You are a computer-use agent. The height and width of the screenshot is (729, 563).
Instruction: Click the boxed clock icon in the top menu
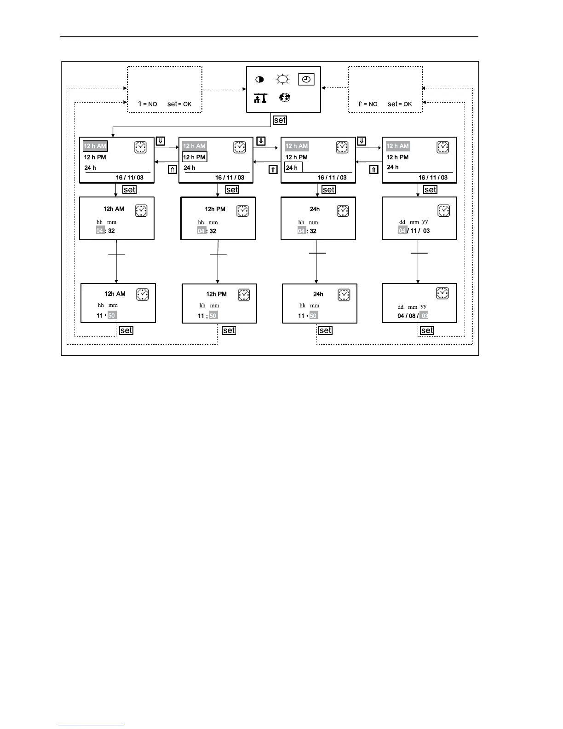tap(306, 79)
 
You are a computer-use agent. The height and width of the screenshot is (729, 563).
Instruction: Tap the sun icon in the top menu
tap(282, 79)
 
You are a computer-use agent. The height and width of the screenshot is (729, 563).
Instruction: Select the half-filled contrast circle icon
tap(259, 80)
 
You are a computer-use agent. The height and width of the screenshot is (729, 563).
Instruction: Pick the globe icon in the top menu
tap(284, 98)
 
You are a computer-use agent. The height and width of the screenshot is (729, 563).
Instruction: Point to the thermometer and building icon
tap(260, 98)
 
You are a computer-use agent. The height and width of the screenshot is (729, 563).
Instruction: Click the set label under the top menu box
tap(280, 120)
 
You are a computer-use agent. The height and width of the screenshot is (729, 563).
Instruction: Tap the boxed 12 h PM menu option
tap(195, 157)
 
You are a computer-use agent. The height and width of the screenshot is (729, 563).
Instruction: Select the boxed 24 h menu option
tap(293, 168)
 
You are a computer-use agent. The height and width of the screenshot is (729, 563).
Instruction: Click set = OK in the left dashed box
tap(179, 104)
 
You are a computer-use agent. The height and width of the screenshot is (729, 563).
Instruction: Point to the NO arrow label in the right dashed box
tap(368, 104)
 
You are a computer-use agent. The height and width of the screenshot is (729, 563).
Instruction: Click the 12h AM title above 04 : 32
tap(114, 209)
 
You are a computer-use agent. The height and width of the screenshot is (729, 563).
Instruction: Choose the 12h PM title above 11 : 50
tap(216, 294)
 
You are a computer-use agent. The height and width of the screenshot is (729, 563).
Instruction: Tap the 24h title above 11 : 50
tap(318, 294)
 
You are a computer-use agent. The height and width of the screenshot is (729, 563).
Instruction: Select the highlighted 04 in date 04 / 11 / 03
tap(402, 231)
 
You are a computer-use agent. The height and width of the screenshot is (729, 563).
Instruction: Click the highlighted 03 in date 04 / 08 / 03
tap(425, 316)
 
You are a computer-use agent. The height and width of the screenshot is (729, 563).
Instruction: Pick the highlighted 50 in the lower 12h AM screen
tap(112, 316)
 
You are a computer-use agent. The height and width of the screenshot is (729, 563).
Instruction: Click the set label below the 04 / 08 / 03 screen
tap(427, 330)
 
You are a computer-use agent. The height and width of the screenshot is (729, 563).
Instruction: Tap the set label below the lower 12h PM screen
tap(229, 330)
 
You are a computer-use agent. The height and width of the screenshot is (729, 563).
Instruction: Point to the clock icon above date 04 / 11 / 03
tap(443, 211)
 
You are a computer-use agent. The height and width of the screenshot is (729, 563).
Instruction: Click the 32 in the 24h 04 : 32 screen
tap(313, 231)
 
